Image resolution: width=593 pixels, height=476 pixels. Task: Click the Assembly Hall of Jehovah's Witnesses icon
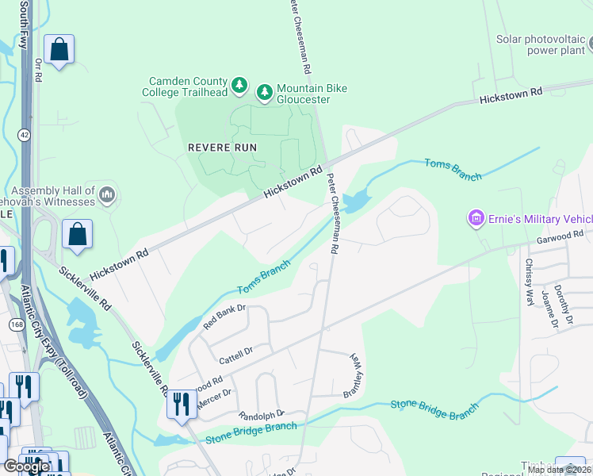(109, 194)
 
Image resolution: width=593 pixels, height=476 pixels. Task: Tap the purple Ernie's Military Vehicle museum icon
(476, 218)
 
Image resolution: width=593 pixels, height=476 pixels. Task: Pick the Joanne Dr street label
(547, 309)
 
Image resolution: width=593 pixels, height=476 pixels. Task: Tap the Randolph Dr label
(261, 415)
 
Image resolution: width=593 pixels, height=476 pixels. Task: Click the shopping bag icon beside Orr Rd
(59, 50)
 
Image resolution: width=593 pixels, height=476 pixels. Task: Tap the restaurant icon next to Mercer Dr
(182, 405)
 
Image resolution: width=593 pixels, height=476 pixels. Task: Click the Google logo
(27, 467)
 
